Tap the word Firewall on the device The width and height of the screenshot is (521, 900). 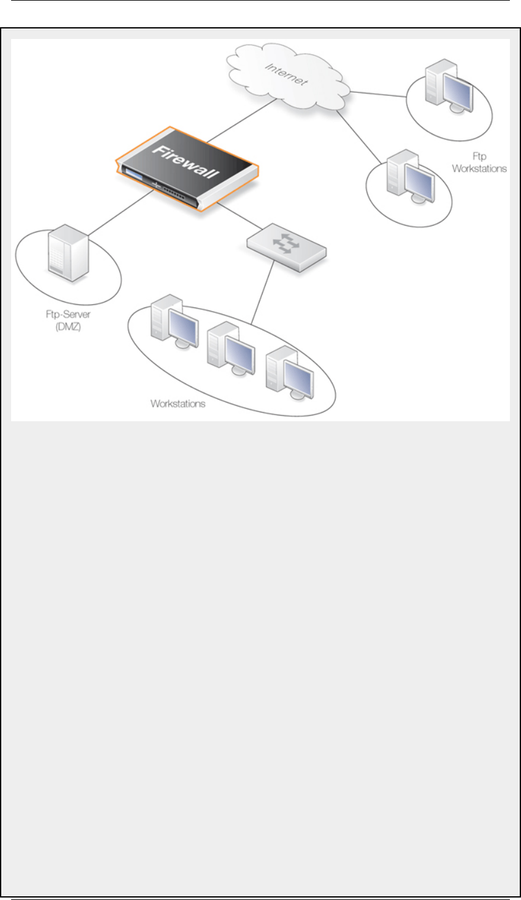pos(186,160)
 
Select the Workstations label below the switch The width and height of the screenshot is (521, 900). pos(178,404)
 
